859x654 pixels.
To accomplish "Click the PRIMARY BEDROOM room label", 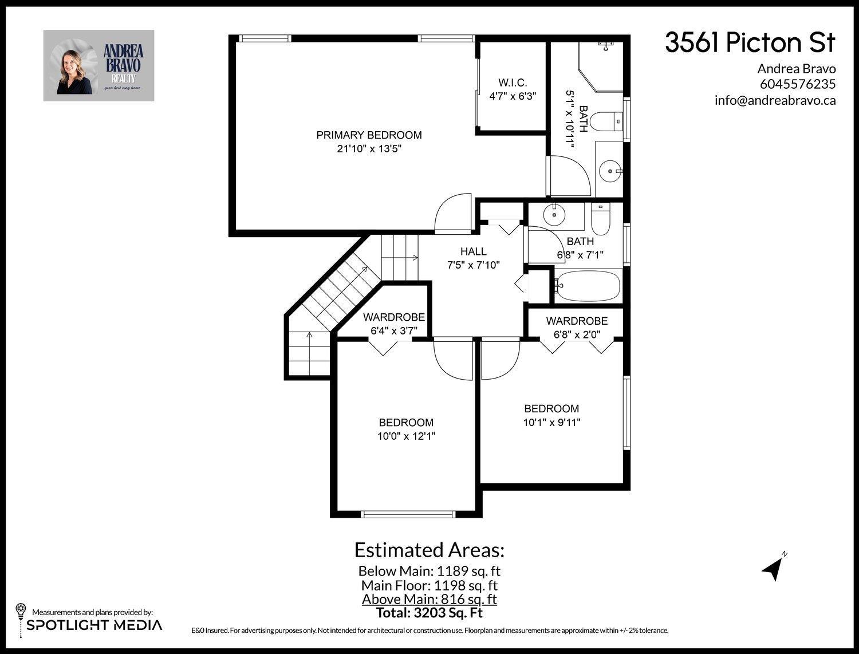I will tap(369, 135).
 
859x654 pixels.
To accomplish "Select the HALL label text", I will tap(473, 251).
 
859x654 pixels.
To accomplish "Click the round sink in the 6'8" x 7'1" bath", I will tap(554, 216).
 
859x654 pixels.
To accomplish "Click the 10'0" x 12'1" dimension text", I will tap(406, 436).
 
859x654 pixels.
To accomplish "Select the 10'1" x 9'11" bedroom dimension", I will tap(551, 423).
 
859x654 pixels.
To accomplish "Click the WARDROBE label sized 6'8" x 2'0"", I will tap(576, 321).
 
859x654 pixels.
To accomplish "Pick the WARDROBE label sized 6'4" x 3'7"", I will tap(394, 317).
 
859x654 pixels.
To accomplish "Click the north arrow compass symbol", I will tap(774, 568).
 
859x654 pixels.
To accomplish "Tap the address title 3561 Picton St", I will tap(750, 42).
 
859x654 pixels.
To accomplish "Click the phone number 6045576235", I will tap(797, 84).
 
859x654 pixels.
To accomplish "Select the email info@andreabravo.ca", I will tap(775, 100).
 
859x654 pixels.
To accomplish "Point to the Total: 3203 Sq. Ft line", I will tap(429, 613).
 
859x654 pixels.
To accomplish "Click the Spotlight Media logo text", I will tap(94, 625).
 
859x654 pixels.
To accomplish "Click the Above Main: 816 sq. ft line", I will tap(429, 599).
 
